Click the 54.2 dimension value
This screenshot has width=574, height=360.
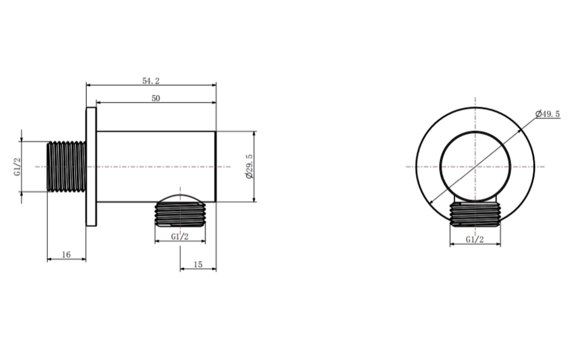[151, 81]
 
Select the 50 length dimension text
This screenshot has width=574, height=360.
[156, 98]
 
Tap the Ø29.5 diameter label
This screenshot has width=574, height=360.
[249, 166]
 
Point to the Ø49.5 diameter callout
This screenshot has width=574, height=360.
[548, 114]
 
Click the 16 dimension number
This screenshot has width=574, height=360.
[66, 255]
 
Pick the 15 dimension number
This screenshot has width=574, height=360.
[198, 264]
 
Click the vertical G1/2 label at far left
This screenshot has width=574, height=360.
[17, 167]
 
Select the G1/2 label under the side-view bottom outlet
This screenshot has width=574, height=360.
[180, 237]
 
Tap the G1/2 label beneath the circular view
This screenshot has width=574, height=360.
[475, 240]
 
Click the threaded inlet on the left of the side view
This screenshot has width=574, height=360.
[66, 166]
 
